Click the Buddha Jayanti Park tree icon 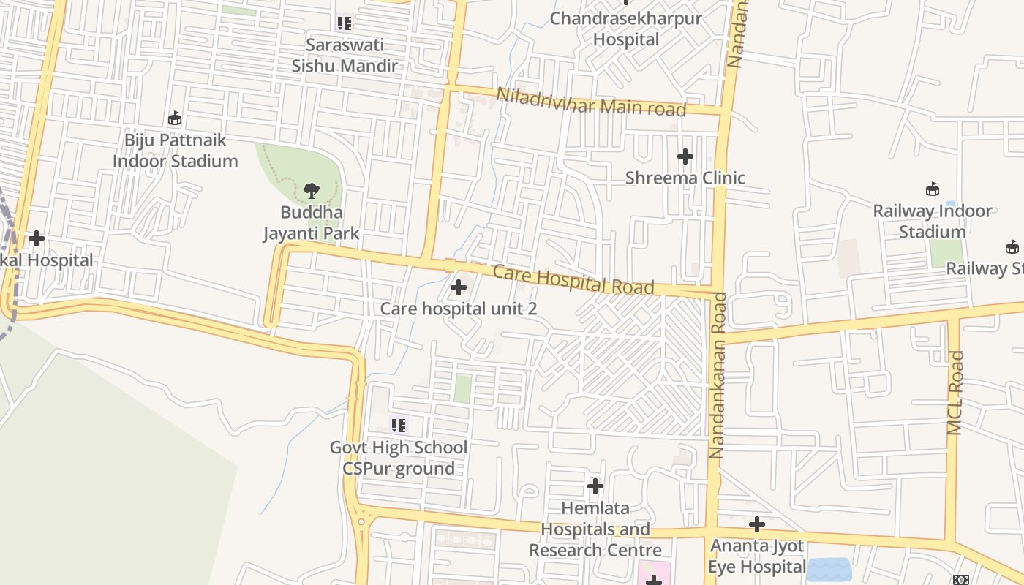coord(312,191)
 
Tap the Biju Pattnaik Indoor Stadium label coord(176,151)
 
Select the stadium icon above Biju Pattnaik coord(175,118)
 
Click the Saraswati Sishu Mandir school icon coord(345,23)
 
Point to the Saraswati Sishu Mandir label coord(345,56)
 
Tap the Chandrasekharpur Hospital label coord(625,29)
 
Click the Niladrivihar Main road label coord(591,102)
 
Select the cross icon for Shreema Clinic coord(685,156)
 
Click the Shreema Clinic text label coord(685,178)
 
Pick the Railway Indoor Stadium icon coord(933,189)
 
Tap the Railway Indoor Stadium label coord(933,222)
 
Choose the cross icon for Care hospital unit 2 coord(459,287)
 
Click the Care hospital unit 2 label coord(459,309)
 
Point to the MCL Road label coord(955,393)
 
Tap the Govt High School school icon coord(398,425)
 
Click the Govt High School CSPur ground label coord(399,458)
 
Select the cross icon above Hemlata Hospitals coord(595,486)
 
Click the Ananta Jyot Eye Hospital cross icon coord(757,524)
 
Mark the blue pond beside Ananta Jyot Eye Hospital coord(829,569)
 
